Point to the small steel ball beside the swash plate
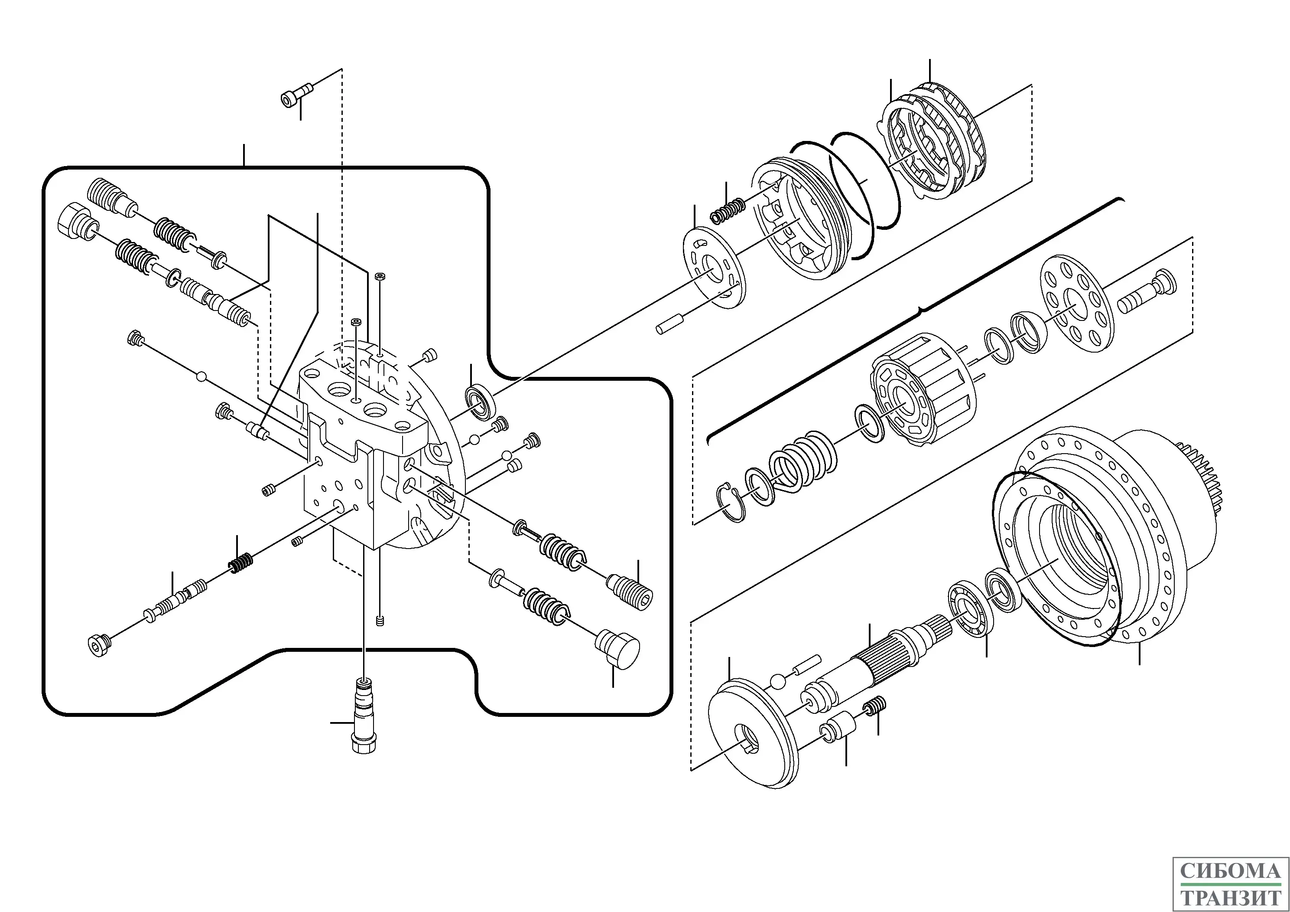pyautogui.click(x=777, y=681)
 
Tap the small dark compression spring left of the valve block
pyautogui.click(x=240, y=563)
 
